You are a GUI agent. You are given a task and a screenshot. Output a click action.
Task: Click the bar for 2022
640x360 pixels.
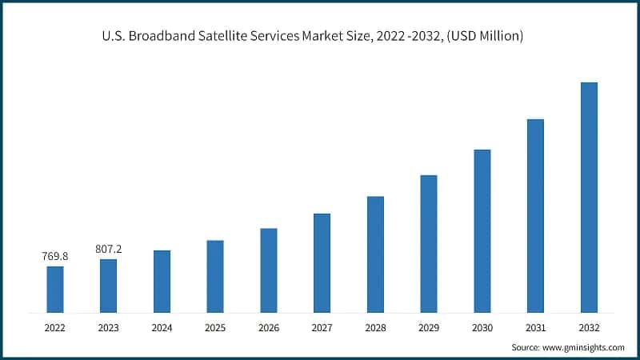(55, 289)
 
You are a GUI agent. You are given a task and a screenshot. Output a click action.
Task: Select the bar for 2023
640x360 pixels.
(108, 286)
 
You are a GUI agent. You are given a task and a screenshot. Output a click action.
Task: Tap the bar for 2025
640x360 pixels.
(215, 276)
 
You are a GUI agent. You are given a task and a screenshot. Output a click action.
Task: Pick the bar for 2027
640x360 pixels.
(322, 262)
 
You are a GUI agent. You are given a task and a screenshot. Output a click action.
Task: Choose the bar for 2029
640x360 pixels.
(429, 243)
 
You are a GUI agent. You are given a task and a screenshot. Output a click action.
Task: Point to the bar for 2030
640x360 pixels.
(482, 230)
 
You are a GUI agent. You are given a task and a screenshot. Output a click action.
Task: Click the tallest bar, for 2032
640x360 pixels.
(589, 197)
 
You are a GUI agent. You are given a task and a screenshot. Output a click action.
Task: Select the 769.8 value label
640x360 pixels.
(55, 257)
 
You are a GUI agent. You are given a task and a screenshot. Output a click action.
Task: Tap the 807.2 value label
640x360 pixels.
(108, 250)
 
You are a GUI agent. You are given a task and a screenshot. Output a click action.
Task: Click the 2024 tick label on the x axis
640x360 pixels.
(162, 327)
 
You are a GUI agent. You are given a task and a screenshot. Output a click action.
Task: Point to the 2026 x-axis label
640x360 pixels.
(269, 327)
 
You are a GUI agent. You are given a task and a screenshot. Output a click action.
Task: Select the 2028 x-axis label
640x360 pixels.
(375, 327)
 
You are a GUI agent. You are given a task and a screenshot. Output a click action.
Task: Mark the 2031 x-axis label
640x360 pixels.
(535, 327)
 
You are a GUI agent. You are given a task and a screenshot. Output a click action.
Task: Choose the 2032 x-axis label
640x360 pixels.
(589, 327)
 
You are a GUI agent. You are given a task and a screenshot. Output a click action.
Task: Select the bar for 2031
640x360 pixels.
(535, 215)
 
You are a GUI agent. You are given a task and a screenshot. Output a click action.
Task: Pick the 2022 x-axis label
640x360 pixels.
(55, 327)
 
